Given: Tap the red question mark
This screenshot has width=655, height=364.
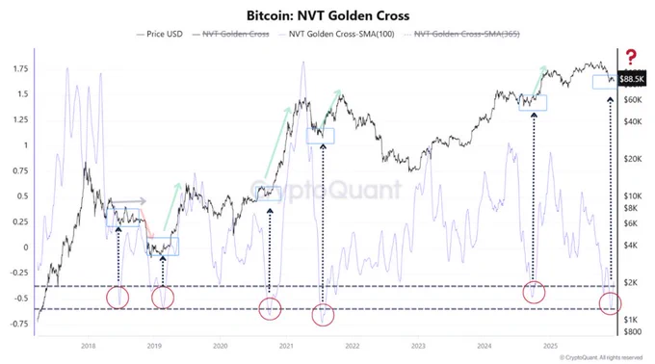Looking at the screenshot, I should point(631,57).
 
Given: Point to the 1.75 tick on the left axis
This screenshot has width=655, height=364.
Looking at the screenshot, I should point(19,69).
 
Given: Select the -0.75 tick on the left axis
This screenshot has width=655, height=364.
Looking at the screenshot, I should point(16,324).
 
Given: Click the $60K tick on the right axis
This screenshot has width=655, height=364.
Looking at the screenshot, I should point(633,99).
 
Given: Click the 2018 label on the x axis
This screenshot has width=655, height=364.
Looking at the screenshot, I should point(88,345).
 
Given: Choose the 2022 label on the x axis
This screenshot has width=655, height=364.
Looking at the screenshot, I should point(352,345).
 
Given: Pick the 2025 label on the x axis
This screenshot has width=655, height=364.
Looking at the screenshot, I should point(549,345).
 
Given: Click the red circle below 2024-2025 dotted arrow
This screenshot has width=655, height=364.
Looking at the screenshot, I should point(535,291).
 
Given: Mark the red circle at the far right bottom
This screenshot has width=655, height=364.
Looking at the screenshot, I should point(611,303).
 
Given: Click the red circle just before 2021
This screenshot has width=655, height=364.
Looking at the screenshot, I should point(270,308).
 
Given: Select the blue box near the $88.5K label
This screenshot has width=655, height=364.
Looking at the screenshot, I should point(606,82).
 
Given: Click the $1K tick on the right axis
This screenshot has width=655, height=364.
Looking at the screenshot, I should point(631,319).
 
